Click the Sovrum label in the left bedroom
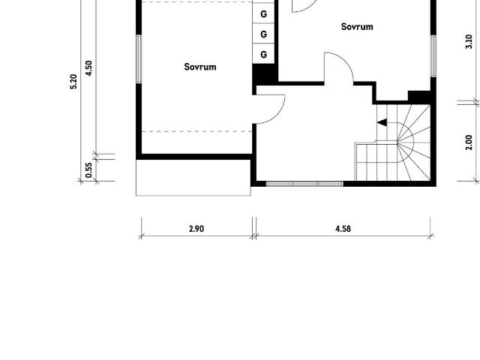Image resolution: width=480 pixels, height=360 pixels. (x=200, y=67)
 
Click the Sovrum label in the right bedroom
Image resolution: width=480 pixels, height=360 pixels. (x=357, y=27)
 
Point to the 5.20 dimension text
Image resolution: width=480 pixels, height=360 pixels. (x=73, y=81)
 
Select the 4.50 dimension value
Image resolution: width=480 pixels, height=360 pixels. (x=89, y=68)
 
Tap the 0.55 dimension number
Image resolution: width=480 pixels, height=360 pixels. (x=89, y=169)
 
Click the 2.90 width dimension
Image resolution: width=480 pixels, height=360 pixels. (x=196, y=229)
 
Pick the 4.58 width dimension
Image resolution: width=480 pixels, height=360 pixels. (x=343, y=229)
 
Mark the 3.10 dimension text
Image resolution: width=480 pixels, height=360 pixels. (x=469, y=42)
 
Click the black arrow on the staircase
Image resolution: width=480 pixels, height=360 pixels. (x=382, y=124)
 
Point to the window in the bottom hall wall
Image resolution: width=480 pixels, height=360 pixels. (x=304, y=183)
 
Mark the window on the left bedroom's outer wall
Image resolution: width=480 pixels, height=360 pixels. (x=138, y=59)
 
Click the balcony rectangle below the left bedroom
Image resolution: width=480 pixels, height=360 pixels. (x=193, y=177)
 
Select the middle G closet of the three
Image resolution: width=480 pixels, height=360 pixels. (x=264, y=34)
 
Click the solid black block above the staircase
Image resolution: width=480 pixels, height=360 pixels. (x=419, y=97)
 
